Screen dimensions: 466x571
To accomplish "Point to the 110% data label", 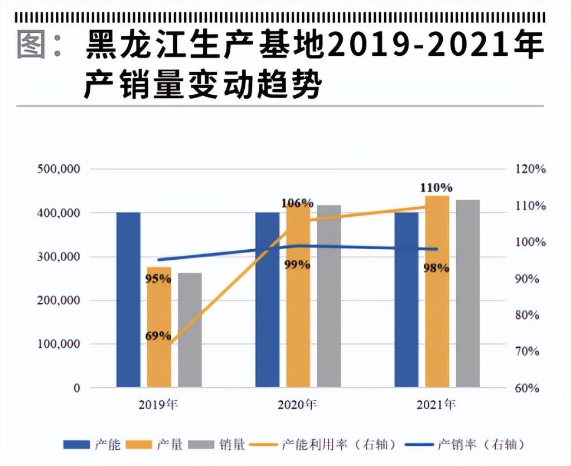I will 437,188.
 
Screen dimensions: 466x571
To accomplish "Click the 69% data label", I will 158,336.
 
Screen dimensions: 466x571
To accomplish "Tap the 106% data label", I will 297,203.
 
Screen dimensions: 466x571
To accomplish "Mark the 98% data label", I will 436,268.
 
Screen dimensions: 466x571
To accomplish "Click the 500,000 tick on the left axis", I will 59,169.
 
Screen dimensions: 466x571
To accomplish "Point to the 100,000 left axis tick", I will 59,344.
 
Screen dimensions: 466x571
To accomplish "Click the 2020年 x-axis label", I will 297,404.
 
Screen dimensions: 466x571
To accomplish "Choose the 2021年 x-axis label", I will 436,404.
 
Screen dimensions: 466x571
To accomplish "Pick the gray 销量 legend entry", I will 217,445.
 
